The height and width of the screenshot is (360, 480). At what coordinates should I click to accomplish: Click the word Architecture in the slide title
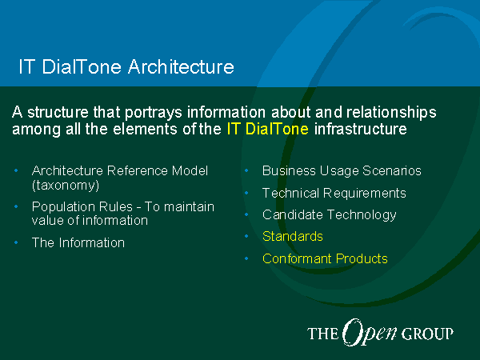coord(182,66)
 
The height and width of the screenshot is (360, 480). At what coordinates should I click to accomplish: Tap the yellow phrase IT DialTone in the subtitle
coord(267,129)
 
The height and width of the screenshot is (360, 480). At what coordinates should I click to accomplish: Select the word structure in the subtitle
coord(58,112)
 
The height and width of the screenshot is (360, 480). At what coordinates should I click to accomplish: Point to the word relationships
coord(391,113)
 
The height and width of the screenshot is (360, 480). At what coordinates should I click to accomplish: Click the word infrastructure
coord(361,129)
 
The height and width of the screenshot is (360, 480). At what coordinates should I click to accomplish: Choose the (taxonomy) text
coord(66,186)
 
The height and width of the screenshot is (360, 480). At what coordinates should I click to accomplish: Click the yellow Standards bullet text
coord(293,236)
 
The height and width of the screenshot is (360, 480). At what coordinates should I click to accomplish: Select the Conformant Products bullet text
coord(325,258)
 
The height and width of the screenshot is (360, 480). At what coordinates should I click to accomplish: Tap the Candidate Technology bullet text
coord(330,215)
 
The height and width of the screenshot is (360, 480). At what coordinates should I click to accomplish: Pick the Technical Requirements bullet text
coord(334,193)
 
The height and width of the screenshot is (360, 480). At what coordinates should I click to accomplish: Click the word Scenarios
coord(392,171)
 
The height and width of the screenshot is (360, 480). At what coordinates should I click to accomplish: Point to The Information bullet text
coord(78,242)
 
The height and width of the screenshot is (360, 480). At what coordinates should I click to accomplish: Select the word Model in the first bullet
coord(190,171)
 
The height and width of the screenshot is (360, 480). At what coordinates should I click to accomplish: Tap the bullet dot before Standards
coord(246,236)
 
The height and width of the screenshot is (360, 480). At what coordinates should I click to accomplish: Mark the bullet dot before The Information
coord(16,242)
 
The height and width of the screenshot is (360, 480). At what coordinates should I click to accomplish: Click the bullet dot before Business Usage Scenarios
coord(246,171)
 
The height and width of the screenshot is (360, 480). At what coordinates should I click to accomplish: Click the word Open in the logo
coord(370,333)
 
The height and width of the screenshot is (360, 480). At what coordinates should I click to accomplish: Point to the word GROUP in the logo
coord(427,334)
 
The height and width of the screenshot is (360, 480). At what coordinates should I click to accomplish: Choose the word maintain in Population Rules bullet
coord(189,207)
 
